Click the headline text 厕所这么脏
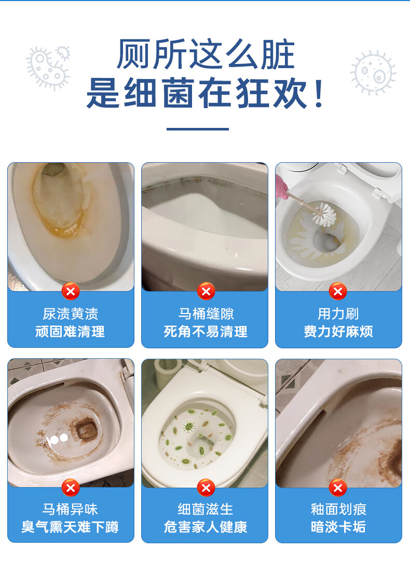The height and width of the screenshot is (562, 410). point(206,54)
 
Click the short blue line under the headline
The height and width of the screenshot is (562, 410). point(198,129)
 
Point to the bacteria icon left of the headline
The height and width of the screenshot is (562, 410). point(48,68)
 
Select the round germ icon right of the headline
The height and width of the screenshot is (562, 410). point(373,73)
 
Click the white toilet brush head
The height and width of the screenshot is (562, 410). point(324,215)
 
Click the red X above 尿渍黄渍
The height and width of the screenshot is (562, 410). point(71,291)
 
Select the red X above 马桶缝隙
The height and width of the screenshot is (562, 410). point(206,291)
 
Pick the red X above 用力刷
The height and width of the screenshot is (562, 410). point(338,291)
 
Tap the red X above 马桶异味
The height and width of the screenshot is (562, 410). point(71,488)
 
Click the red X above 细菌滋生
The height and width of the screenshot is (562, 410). point(206,488)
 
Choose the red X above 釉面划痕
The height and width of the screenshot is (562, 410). point(338,488)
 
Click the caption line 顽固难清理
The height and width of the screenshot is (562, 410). point(70,332)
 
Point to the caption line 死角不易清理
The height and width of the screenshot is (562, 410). point(206,332)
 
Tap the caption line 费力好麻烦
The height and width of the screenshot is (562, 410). point(338,332)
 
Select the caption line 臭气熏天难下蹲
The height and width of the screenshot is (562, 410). point(70,527)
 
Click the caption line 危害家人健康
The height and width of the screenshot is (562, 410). point(206,527)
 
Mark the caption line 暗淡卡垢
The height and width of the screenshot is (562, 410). point(338,527)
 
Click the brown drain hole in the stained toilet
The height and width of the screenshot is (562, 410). point(86,429)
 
